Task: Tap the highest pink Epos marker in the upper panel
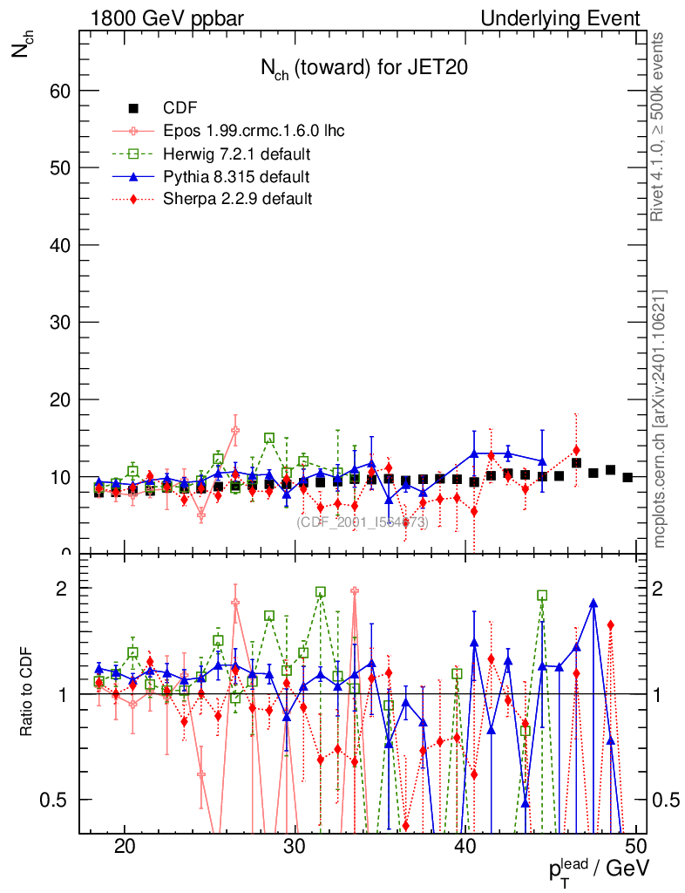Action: tap(235, 430)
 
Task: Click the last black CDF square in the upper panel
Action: tap(627, 477)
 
